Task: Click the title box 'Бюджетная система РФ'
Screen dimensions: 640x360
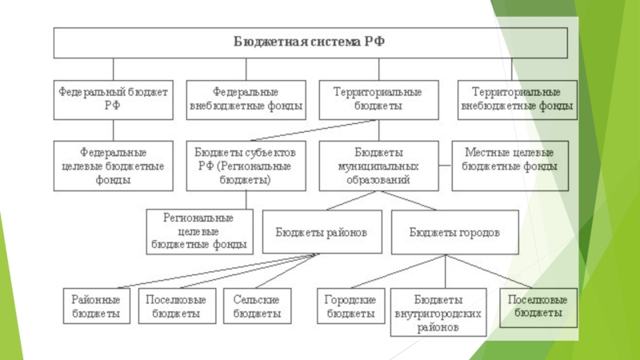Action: pos(310,43)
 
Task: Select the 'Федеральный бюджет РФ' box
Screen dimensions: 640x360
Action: pos(113,100)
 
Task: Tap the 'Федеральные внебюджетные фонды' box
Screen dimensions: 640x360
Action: pos(246,100)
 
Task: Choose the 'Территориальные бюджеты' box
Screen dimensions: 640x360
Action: pos(378,100)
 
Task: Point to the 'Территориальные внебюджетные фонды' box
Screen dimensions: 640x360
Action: pos(517,100)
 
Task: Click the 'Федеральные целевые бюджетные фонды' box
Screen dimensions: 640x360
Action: pos(113,166)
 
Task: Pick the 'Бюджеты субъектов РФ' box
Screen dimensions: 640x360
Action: pos(246,166)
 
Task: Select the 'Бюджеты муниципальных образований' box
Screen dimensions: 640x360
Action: pos(378,166)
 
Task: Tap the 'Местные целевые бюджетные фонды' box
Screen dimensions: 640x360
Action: pos(510,166)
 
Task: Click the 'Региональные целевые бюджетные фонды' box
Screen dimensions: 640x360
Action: pos(199,232)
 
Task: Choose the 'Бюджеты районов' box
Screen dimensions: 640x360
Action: pos(322,232)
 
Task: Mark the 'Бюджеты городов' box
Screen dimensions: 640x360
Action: pos(454,232)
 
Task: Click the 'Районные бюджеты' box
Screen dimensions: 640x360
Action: pos(96,306)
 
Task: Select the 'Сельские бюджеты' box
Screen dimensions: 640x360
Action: pos(257,306)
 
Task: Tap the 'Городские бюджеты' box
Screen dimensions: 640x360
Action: pos(350,306)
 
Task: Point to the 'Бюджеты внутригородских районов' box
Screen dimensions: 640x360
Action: pos(438,312)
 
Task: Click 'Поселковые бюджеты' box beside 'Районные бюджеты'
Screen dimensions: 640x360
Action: pos(177,306)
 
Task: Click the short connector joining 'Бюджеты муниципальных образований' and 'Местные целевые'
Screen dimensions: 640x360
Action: pos(446,166)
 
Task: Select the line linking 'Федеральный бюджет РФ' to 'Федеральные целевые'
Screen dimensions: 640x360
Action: pos(113,130)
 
